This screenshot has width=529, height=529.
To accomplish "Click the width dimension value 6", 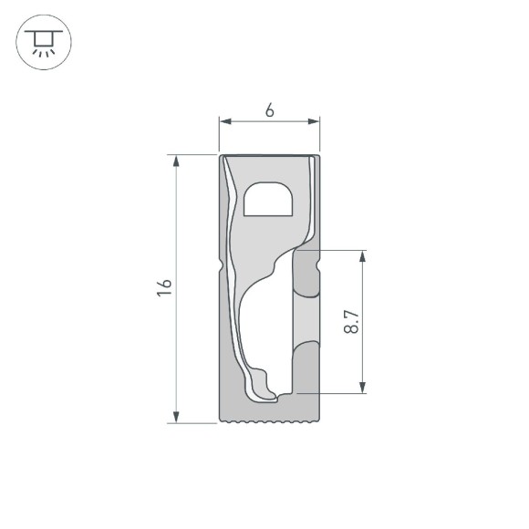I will point(270,110).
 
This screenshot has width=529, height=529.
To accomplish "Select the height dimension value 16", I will point(163,288).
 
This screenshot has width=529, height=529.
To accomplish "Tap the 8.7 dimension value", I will point(351,321).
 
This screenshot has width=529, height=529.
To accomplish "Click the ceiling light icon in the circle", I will point(42,41).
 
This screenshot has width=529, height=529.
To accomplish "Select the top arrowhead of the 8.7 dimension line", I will point(364,255).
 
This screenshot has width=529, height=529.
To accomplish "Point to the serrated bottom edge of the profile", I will point(270,421).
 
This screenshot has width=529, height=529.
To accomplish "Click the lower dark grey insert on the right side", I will point(306,365).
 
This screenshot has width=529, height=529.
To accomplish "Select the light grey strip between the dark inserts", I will point(306,319).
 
